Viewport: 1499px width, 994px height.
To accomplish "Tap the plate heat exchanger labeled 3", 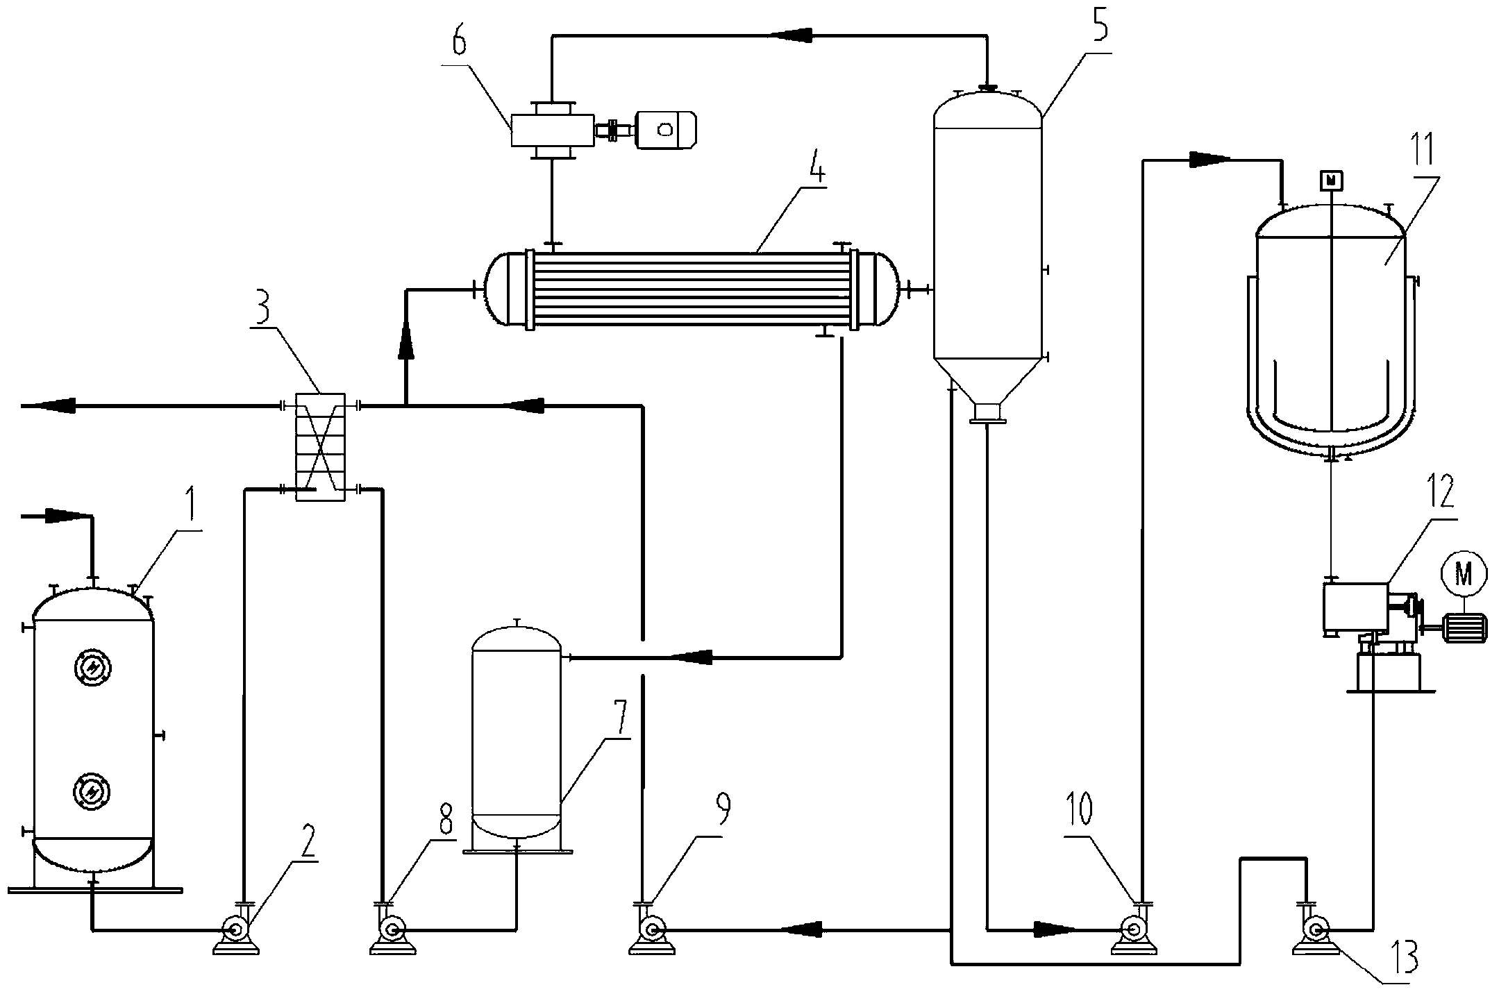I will coord(319,447).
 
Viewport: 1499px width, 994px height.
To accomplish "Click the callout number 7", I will coord(620,719).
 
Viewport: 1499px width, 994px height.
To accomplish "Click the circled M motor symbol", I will coord(1464,573).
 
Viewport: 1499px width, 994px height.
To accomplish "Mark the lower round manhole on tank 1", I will coord(92,791).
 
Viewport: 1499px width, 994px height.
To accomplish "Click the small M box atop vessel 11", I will coord(1331,180).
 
